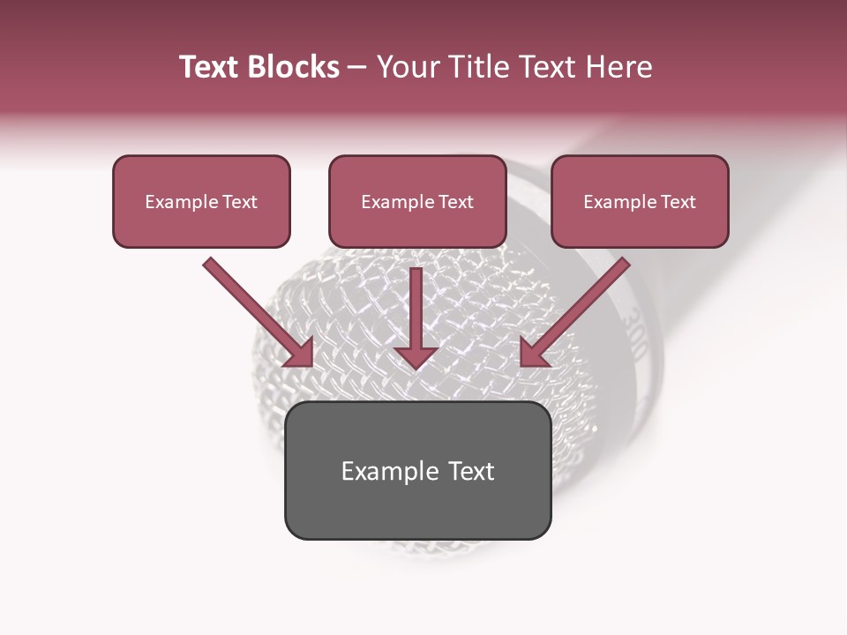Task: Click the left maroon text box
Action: (x=201, y=202)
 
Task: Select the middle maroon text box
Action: (x=417, y=202)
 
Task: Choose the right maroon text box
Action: (x=640, y=202)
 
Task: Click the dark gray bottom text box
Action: (x=417, y=471)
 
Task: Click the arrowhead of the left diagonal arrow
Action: (x=300, y=353)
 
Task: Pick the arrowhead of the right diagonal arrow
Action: (x=534, y=353)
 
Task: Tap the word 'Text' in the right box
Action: (x=678, y=202)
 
